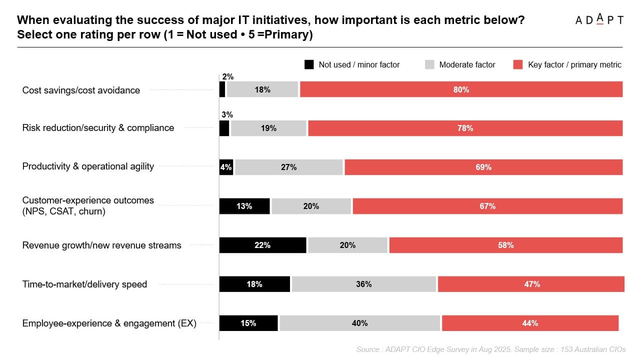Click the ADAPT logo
[x=599, y=19]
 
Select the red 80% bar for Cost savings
[x=461, y=89]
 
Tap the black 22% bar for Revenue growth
[x=262, y=245]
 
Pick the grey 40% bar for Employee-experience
[x=359, y=323]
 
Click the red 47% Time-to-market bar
[x=531, y=284]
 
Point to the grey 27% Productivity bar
[x=289, y=167]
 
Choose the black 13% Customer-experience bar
[x=244, y=206]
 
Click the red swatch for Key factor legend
[x=518, y=64]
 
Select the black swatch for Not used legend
[x=309, y=64]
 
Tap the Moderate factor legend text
[x=467, y=64]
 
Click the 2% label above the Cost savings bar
[x=227, y=76]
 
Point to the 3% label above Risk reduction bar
[x=227, y=114]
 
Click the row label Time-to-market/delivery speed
[x=84, y=284]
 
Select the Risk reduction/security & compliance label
[x=98, y=127]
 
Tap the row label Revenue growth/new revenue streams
[x=101, y=245]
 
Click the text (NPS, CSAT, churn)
[x=63, y=211]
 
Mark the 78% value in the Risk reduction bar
[x=465, y=128]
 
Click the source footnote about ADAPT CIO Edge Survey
[x=490, y=349]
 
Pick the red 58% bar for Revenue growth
[x=505, y=245]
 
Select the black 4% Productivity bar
[x=226, y=167]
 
